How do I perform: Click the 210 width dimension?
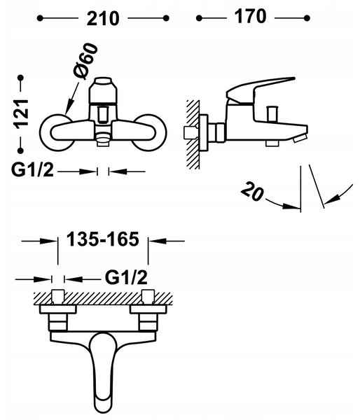[x=103, y=18]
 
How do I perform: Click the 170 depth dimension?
[x=250, y=16]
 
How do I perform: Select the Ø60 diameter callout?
[x=85, y=62]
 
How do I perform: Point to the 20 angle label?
[x=252, y=191]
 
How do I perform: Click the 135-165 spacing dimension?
[x=103, y=239]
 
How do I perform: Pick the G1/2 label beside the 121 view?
[x=32, y=170]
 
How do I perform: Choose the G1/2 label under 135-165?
[x=126, y=277]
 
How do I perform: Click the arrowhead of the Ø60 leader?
[x=69, y=109]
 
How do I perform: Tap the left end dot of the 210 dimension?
[x=40, y=18]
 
